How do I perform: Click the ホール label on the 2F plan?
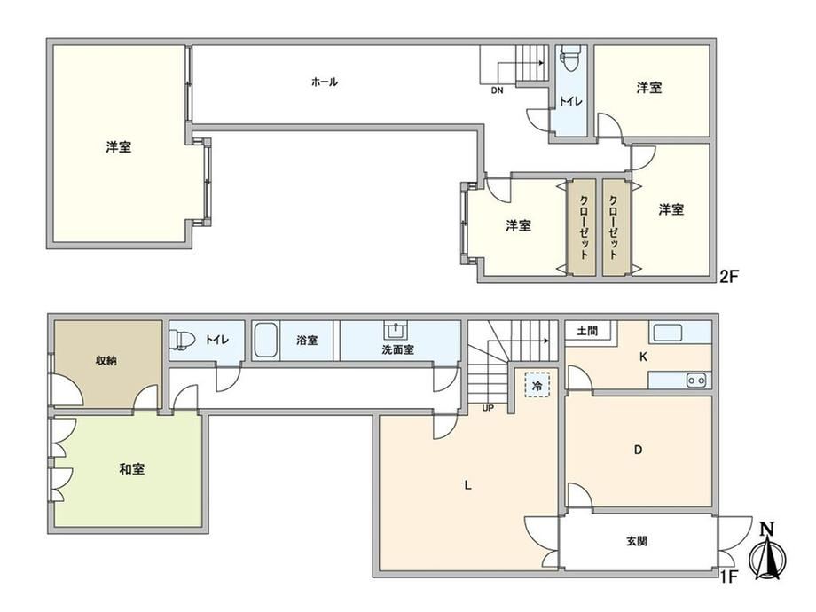point(325,82)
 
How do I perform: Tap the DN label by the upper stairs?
point(497,90)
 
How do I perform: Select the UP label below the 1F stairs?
point(488,408)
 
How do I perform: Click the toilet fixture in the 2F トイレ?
point(569,58)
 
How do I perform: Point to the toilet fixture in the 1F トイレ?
point(182,340)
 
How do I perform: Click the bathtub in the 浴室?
point(265,340)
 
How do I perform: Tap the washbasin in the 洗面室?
point(396,330)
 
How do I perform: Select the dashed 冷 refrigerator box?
point(537,386)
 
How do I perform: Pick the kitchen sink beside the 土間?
point(668,333)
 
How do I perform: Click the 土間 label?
point(587,331)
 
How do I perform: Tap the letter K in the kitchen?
point(643,357)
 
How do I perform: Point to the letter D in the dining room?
point(639,450)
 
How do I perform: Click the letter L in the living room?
point(467,485)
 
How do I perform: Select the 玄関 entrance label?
point(637,541)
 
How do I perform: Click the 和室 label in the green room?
point(131,469)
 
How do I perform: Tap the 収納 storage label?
point(106,360)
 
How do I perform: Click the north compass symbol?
point(767,553)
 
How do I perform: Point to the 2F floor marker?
point(728,276)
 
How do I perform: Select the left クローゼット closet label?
point(584,227)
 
